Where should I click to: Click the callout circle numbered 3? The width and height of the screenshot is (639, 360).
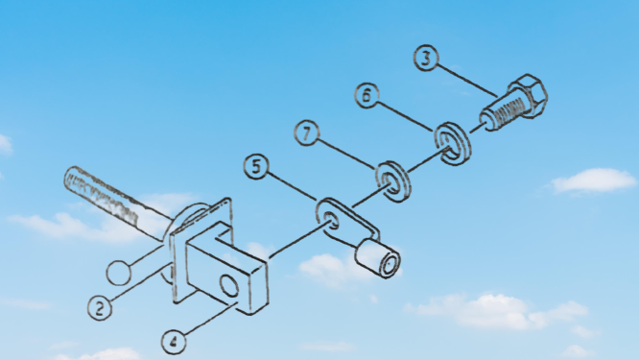[426, 58]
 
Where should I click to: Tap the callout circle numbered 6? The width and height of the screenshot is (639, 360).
[367, 96]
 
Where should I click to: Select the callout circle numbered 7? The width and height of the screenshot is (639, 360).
[307, 132]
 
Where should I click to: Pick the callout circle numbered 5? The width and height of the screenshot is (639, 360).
[256, 167]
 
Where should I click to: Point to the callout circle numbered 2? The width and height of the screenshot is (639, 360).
[100, 308]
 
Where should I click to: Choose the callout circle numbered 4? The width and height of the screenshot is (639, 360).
[174, 342]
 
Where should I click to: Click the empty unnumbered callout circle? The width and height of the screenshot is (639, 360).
[119, 273]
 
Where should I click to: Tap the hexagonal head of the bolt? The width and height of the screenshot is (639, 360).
[528, 96]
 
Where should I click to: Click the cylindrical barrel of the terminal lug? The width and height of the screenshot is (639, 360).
[378, 259]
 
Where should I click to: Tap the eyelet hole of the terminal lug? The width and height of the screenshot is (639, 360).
[333, 223]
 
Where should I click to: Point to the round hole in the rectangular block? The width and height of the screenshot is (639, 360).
[229, 286]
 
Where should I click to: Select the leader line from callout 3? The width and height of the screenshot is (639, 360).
[468, 81]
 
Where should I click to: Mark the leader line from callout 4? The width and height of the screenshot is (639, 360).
[211, 319]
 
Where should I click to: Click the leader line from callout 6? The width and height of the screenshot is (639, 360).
[406, 116]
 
